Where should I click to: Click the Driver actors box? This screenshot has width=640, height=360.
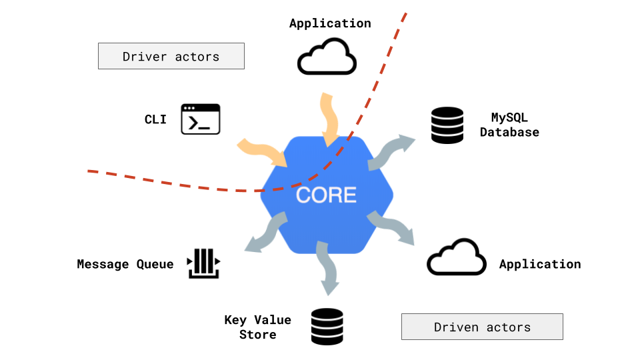(x=171, y=56)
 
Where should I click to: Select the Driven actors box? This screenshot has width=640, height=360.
(x=482, y=327)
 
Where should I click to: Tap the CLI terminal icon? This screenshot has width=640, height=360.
(x=201, y=119)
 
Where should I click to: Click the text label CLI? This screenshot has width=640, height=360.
(x=155, y=119)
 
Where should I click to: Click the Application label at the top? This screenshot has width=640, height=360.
(x=330, y=23)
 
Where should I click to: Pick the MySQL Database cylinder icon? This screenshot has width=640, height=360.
(x=447, y=125)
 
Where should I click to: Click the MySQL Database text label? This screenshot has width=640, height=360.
(x=509, y=125)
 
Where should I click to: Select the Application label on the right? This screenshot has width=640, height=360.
(x=540, y=264)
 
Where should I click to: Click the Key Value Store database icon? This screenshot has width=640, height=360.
(x=327, y=327)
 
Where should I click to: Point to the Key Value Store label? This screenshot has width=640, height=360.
(x=258, y=327)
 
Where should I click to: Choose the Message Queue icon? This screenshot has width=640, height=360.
(x=203, y=263)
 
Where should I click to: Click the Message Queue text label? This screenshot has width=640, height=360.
(x=125, y=264)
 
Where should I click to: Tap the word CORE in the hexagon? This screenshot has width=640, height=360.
(x=326, y=195)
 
